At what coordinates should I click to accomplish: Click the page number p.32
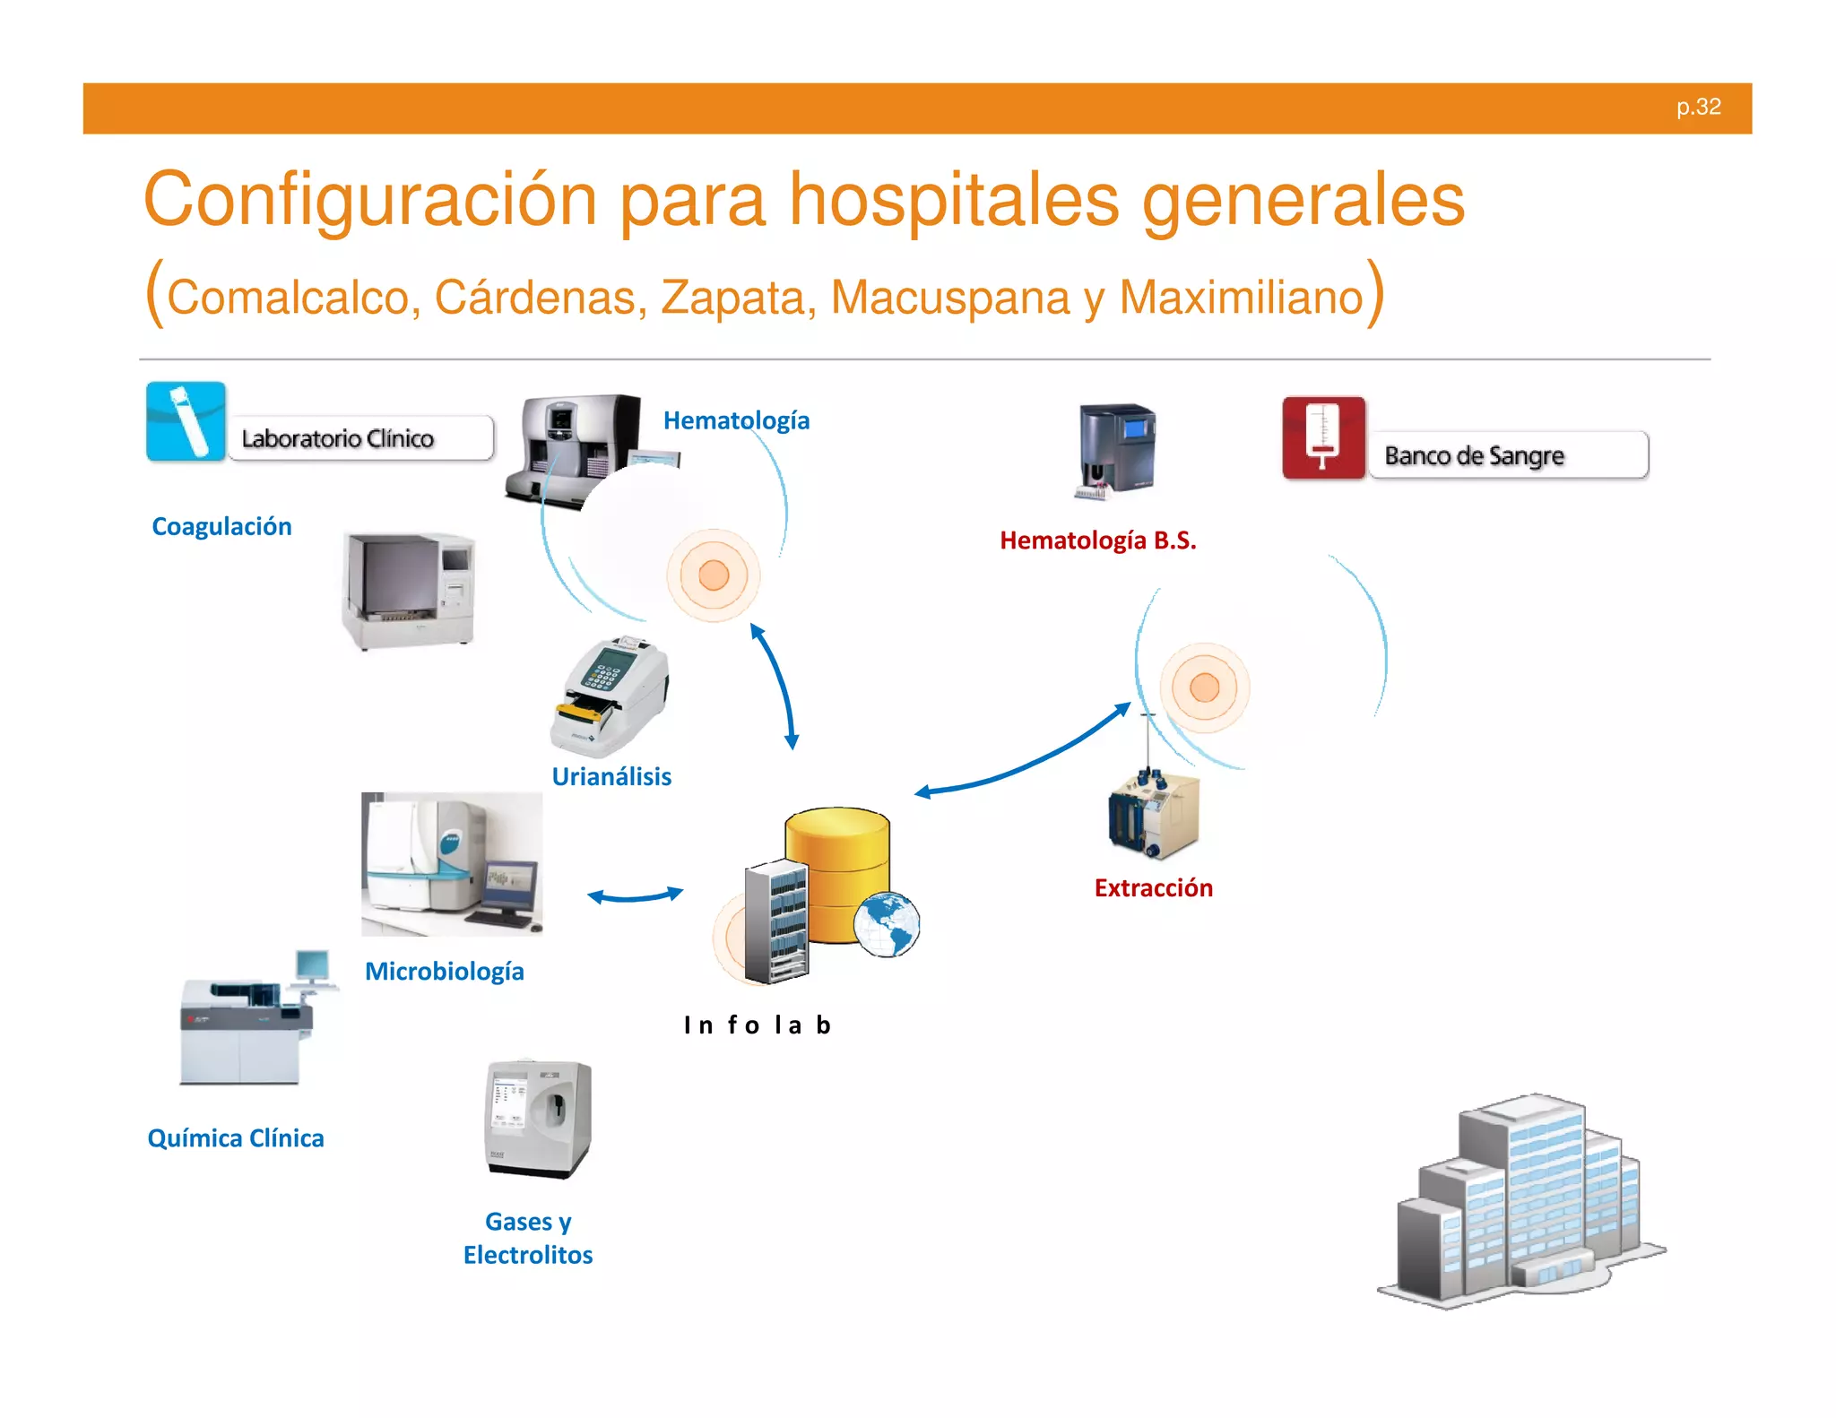(1698, 107)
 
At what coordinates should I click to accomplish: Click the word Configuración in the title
(369, 200)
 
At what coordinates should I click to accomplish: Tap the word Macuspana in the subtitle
(951, 298)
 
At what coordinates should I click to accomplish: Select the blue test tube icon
(186, 421)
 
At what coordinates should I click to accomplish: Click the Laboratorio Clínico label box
(360, 438)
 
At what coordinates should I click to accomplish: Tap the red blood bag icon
(1323, 437)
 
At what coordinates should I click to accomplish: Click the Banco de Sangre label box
(1508, 455)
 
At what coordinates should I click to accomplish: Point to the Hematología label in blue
(736, 420)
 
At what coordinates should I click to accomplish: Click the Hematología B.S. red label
(1097, 540)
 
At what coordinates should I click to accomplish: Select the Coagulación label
(221, 526)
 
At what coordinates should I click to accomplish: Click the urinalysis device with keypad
(611, 696)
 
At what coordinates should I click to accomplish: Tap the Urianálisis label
(611, 776)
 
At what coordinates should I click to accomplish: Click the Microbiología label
(445, 971)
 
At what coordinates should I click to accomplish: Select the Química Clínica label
(236, 1138)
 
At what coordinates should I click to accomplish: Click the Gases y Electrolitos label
(528, 1238)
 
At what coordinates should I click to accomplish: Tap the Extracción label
(1153, 887)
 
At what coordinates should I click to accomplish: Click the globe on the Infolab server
(886, 924)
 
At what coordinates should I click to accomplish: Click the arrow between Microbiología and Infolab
(635, 895)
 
